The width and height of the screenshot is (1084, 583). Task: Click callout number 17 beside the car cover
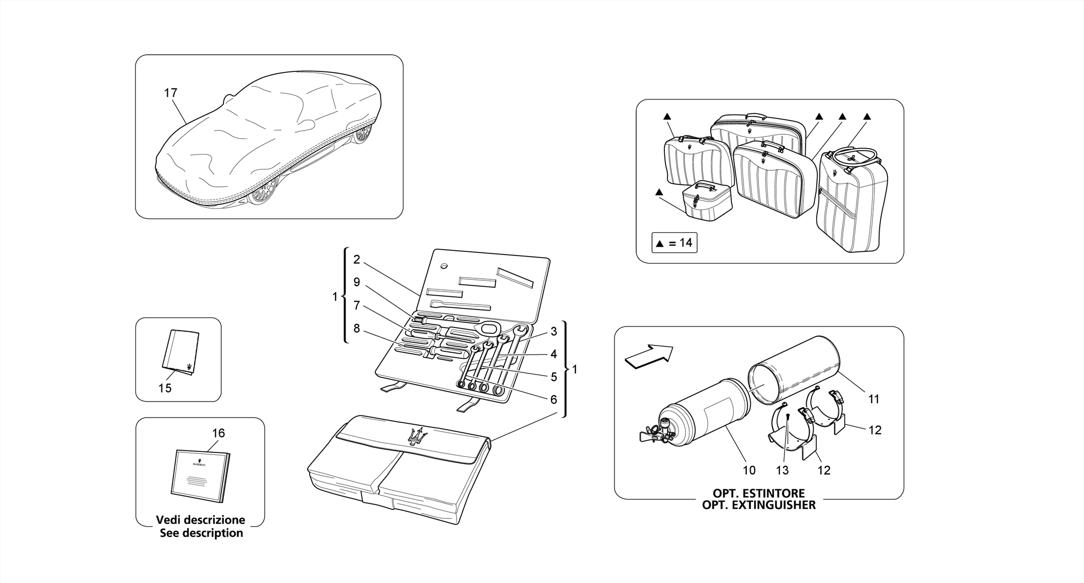tap(170, 93)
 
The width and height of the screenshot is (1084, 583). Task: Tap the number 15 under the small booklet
tap(165, 388)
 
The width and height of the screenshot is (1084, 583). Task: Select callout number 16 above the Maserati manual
tap(218, 433)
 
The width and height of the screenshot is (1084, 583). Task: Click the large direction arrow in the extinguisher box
tap(649, 356)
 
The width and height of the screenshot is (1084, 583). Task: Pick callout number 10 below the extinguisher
tap(749, 470)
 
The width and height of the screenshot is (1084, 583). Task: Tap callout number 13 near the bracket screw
tap(782, 470)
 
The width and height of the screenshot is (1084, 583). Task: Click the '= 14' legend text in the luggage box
tap(680, 243)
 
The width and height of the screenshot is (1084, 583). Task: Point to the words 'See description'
tap(201, 533)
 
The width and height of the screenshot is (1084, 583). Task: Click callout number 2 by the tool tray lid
tap(357, 260)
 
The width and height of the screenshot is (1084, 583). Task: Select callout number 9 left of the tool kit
tap(357, 283)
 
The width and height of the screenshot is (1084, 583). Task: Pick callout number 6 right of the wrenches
tap(554, 400)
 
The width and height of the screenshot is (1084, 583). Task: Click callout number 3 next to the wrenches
tap(554, 332)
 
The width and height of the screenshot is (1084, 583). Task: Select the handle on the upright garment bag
tap(852, 155)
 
